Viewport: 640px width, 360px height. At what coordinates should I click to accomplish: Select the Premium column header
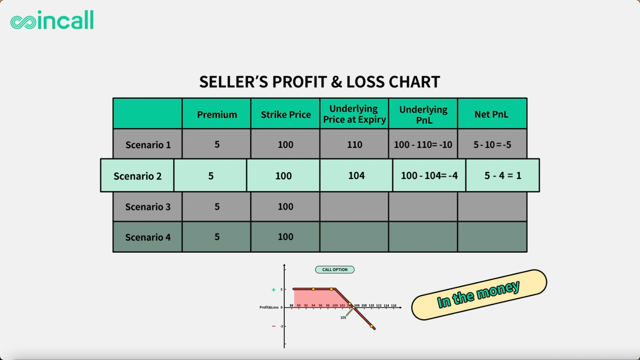(217, 114)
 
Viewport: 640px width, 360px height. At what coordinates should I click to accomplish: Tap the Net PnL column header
(491, 114)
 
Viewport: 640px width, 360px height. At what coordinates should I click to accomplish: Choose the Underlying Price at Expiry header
(354, 114)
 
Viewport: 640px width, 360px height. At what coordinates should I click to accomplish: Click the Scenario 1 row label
(148, 145)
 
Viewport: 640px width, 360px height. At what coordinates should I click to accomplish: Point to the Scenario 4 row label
(148, 237)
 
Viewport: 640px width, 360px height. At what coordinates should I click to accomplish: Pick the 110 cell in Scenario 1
(354, 144)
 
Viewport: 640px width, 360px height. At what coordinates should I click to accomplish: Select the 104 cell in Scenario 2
(356, 175)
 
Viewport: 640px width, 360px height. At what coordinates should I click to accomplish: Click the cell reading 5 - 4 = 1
(503, 175)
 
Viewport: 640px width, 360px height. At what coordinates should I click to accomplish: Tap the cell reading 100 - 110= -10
(423, 144)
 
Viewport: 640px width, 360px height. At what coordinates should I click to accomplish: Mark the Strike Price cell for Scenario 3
(285, 206)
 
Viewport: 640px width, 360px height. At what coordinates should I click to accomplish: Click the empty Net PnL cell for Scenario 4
(492, 237)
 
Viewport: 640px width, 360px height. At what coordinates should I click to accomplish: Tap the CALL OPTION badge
(335, 270)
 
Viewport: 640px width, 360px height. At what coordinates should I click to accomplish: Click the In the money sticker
(479, 295)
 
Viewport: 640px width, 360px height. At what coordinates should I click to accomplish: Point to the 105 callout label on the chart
(343, 317)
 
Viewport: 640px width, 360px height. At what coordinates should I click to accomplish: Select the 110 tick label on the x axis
(371, 305)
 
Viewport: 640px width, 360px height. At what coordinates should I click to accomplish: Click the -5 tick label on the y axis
(281, 326)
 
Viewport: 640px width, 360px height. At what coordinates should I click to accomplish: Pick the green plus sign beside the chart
(273, 290)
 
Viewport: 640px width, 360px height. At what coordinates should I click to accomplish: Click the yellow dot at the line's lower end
(371, 326)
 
